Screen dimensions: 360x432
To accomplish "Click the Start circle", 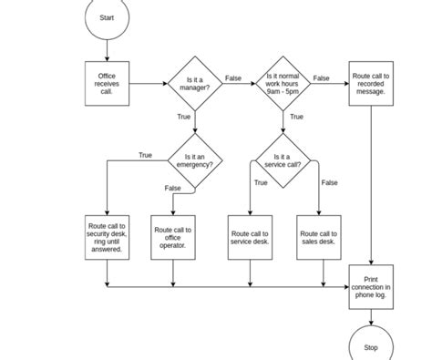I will tap(107, 18).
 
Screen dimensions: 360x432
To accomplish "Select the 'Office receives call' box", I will tap(107, 83).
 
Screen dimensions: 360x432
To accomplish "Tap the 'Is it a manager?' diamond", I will tap(196, 83).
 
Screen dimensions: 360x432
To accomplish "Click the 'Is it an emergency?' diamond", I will tap(196, 161).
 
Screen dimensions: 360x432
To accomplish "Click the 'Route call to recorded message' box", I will tap(371, 83).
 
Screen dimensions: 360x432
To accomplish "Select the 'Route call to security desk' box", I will tap(107, 238).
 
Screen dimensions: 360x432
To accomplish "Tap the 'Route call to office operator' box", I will tap(173, 238).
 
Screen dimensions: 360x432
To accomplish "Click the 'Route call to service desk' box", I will tap(250, 238).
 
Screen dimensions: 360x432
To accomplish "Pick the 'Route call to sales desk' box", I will tap(318, 238).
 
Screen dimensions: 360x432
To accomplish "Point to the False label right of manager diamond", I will tap(233, 78).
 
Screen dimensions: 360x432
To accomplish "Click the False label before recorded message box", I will tap(321, 78).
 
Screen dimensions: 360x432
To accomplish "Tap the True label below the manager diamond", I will tap(184, 117).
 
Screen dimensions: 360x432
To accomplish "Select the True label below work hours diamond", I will tap(296, 117).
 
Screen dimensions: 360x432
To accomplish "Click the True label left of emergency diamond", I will tap(145, 155).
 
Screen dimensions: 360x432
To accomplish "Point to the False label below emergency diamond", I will tap(172, 188).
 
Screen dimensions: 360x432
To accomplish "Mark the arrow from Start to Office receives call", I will tap(107, 49).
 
